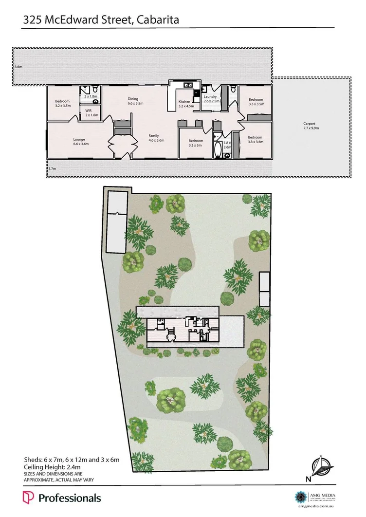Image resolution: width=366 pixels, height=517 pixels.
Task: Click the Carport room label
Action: tap(309, 124)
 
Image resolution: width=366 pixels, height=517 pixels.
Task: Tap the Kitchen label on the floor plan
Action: tap(184, 102)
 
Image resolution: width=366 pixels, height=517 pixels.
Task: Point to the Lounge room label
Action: tap(79, 140)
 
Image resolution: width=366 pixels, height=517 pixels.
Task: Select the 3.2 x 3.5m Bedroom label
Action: tap(62, 101)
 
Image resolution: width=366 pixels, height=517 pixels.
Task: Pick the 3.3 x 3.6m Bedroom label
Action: tap(255, 137)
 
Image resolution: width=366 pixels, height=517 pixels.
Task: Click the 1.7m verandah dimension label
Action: tap(53, 168)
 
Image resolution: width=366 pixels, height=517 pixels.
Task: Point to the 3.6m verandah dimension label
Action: tap(18, 66)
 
